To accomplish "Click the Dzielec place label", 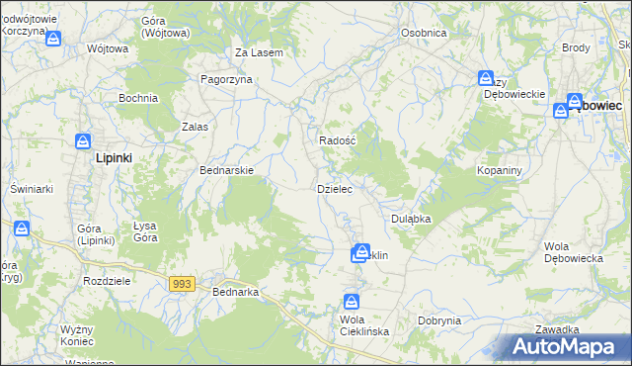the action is tap(333, 188).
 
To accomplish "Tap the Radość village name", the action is tap(337, 140).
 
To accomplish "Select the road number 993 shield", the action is tap(181, 284).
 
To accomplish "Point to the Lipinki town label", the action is tap(114, 157).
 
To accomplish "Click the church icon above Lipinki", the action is tap(84, 141).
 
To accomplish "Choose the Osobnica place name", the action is tap(424, 33).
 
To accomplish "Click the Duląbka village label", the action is tap(411, 219).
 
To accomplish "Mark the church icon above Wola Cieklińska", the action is tap(352, 302).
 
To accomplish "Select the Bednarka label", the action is tap(235, 292).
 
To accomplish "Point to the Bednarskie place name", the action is tap(227, 170).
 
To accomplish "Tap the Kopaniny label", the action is tap(499, 170).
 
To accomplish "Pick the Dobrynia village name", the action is tap(439, 320).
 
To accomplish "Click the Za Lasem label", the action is tap(260, 52).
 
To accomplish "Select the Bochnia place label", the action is tap(138, 98).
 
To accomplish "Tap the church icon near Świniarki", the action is tap(22, 229).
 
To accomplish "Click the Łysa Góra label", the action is tap(145, 231).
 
